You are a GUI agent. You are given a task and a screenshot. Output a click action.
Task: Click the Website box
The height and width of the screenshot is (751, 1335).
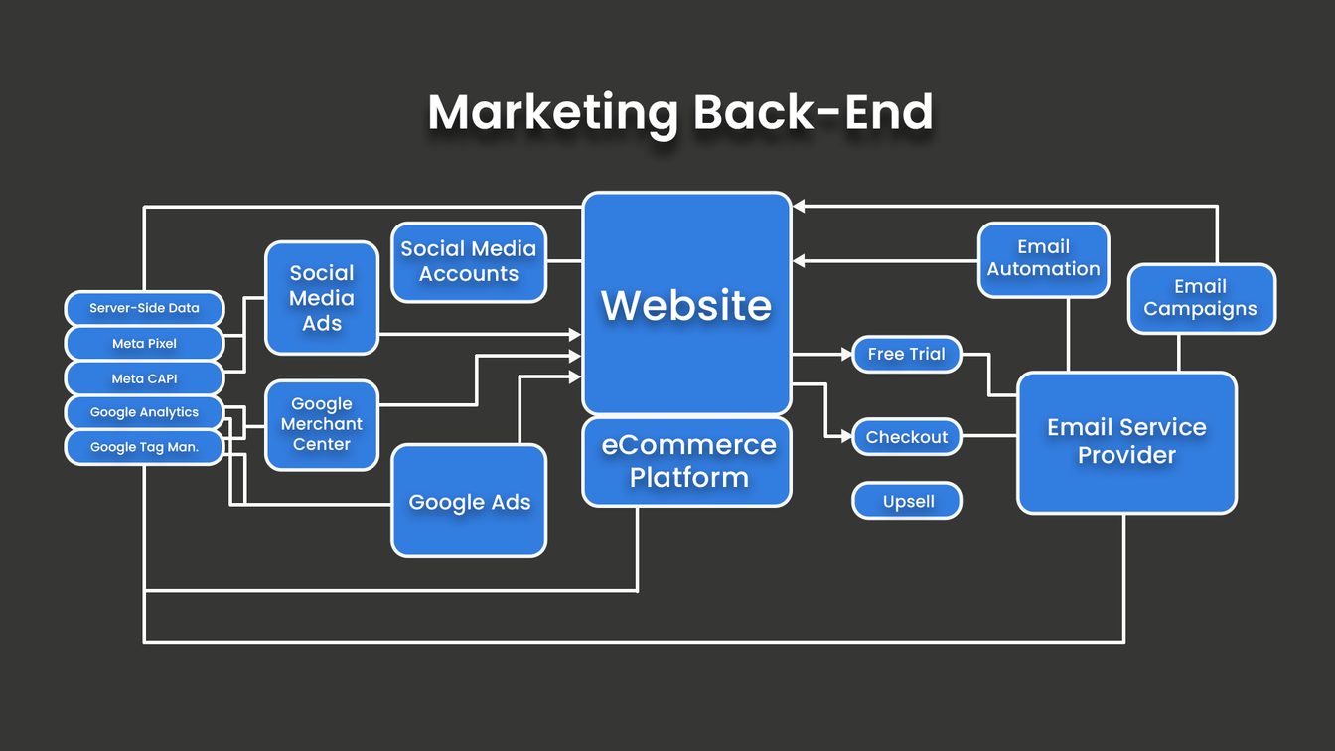[x=686, y=303]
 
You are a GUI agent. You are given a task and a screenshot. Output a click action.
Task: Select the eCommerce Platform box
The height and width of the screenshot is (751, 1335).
[x=686, y=461]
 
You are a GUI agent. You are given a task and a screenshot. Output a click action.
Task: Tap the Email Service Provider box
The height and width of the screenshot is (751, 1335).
[x=1126, y=442]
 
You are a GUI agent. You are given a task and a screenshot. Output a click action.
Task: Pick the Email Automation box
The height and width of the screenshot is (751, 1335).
[x=1043, y=259]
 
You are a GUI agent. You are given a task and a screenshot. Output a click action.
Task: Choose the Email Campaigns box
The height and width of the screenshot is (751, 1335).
[x=1200, y=298]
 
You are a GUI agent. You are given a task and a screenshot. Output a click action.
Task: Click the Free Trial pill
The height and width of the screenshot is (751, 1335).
[x=907, y=354]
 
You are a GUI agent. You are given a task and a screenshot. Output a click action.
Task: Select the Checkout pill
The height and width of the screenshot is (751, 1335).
[x=907, y=437]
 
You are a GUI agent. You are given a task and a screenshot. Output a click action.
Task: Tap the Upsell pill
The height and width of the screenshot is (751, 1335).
[x=907, y=501]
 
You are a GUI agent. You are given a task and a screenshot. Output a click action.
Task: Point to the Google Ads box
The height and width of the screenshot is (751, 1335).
[x=469, y=501]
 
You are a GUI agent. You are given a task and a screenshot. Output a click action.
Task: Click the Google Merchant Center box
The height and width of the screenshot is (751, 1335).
[x=321, y=424]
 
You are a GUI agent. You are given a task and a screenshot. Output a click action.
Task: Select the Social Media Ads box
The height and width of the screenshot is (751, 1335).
[x=321, y=298]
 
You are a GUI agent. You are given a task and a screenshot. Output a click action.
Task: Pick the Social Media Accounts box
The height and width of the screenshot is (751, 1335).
[x=469, y=262]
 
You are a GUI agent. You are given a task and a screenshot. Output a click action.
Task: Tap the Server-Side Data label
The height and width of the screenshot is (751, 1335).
[x=144, y=308]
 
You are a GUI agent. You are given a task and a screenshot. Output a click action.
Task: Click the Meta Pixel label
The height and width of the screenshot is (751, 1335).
[x=144, y=344]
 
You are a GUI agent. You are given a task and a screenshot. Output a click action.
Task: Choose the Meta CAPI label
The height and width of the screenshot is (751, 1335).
[x=144, y=378]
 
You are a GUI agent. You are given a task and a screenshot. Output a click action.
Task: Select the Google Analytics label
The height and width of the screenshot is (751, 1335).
[x=144, y=412]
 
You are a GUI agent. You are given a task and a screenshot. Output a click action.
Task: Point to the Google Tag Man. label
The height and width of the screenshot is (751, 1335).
[x=144, y=447]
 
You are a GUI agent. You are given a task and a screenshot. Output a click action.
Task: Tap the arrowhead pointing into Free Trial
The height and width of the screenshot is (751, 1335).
[x=847, y=354]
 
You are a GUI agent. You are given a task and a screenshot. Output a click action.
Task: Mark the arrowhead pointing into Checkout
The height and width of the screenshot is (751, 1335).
[x=847, y=436]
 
